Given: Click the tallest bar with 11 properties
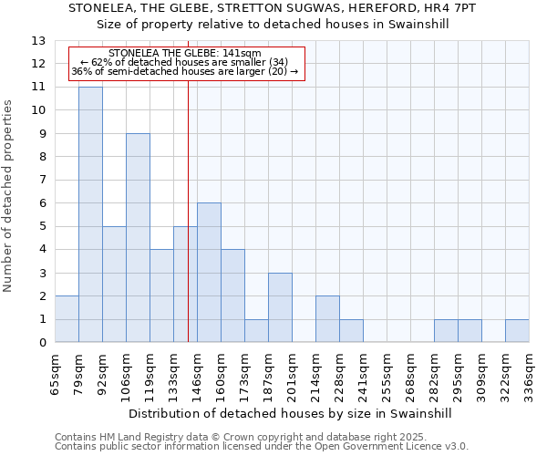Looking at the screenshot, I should point(90,214).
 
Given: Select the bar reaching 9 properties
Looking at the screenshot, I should point(138,238).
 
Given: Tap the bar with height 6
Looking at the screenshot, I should point(209,273).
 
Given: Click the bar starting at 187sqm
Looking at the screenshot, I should point(280,307).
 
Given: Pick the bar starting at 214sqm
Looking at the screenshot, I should point(327,319).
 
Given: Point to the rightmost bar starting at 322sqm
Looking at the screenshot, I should point(517,331).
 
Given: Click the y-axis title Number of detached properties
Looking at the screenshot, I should point(9,196).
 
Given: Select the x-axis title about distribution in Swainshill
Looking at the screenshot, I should point(292,413).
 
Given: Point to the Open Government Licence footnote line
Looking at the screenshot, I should point(262,446).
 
